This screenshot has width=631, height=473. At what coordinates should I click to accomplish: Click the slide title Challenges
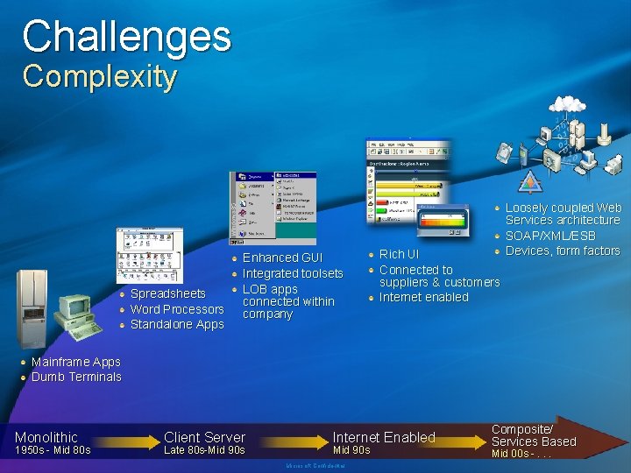pyautogui.click(x=126, y=37)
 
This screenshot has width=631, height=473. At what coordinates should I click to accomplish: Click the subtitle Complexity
pyautogui.click(x=99, y=77)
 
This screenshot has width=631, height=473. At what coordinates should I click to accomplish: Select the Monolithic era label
pyautogui.click(x=46, y=437)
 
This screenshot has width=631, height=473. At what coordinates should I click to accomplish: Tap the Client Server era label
pyautogui.click(x=204, y=437)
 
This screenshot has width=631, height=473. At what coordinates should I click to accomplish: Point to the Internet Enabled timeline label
pyautogui.click(x=384, y=437)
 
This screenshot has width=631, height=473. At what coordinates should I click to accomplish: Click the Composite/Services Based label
pyautogui.click(x=533, y=435)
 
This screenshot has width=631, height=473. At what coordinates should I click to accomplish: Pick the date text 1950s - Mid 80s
pyautogui.click(x=53, y=451)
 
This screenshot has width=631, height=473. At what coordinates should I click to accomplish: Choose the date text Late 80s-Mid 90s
pyautogui.click(x=204, y=451)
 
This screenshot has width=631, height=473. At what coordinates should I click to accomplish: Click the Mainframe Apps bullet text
pyautogui.click(x=75, y=362)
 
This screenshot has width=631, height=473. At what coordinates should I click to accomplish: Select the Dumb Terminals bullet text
pyautogui.click(x=76, y=377)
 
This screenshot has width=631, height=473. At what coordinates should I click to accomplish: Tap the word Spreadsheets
pyautogui.click(x=167, y=293)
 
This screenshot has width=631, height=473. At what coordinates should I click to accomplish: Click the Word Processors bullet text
pyautogui.click(x=176, y=309)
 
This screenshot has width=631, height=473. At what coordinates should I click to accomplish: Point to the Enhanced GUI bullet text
pyautogui.click(x=282, y=258)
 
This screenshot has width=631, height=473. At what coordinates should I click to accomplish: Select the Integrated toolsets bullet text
pyautogui.click(x=292, y=273)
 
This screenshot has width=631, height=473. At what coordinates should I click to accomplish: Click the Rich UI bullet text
pyautogui.click(x=399, y=254)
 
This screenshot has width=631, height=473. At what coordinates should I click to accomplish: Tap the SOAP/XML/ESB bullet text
pyautogui.click(x=549, y=236)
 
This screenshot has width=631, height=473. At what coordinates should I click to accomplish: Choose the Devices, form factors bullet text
pyautogui.click(x=562, y=251)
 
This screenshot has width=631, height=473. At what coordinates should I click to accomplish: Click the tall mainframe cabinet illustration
pyautogui.click(x=32, y=307)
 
